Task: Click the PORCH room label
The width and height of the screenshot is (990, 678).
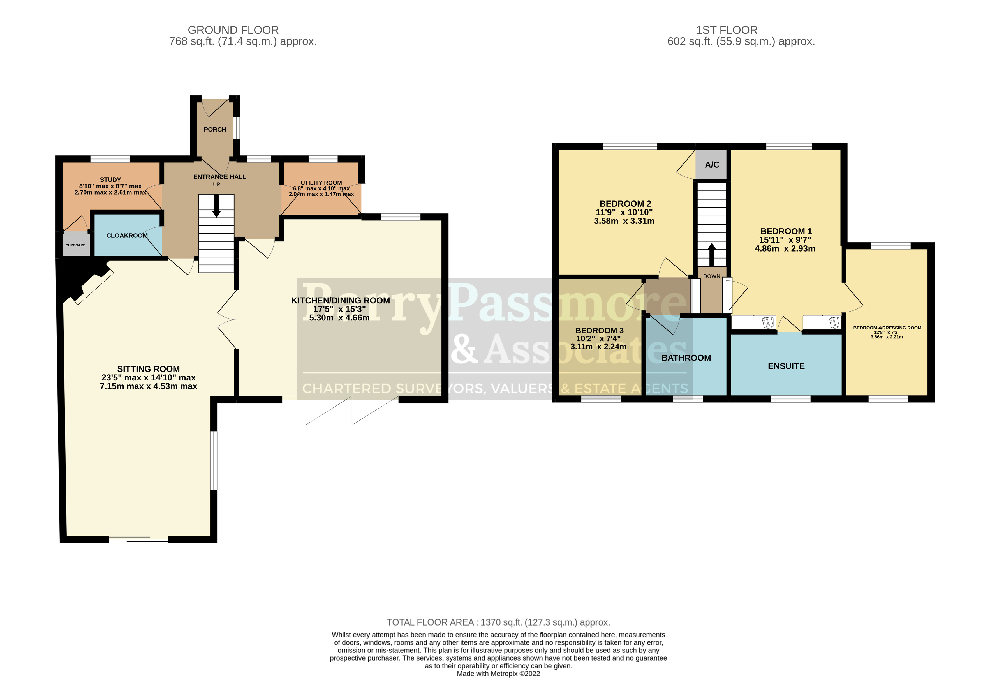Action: (215, 130)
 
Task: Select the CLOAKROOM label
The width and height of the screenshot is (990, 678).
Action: (127, 236)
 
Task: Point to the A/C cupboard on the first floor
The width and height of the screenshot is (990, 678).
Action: (711, 165)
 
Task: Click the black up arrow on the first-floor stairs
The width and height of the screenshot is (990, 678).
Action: (711, 254)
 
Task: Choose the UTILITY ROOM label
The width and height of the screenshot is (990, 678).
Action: (321, 183)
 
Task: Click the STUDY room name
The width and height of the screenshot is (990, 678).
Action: (110, 180)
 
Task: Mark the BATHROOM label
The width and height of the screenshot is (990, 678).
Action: (686, 358)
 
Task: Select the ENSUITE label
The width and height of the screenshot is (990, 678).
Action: (786, 366)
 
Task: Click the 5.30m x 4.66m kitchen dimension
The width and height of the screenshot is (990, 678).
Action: (339, 318)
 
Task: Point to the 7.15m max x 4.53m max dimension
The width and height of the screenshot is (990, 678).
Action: (148, 386)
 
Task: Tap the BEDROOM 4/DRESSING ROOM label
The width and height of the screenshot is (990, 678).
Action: (887, 328)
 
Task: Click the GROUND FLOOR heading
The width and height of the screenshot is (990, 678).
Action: (233, 30)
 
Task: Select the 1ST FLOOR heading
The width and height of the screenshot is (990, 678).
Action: (727, 30)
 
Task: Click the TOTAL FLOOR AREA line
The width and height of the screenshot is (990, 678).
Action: (498, 622)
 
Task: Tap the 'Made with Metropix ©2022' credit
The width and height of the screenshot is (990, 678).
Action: (498, 674)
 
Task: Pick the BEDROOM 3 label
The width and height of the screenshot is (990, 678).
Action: (599, 330)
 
